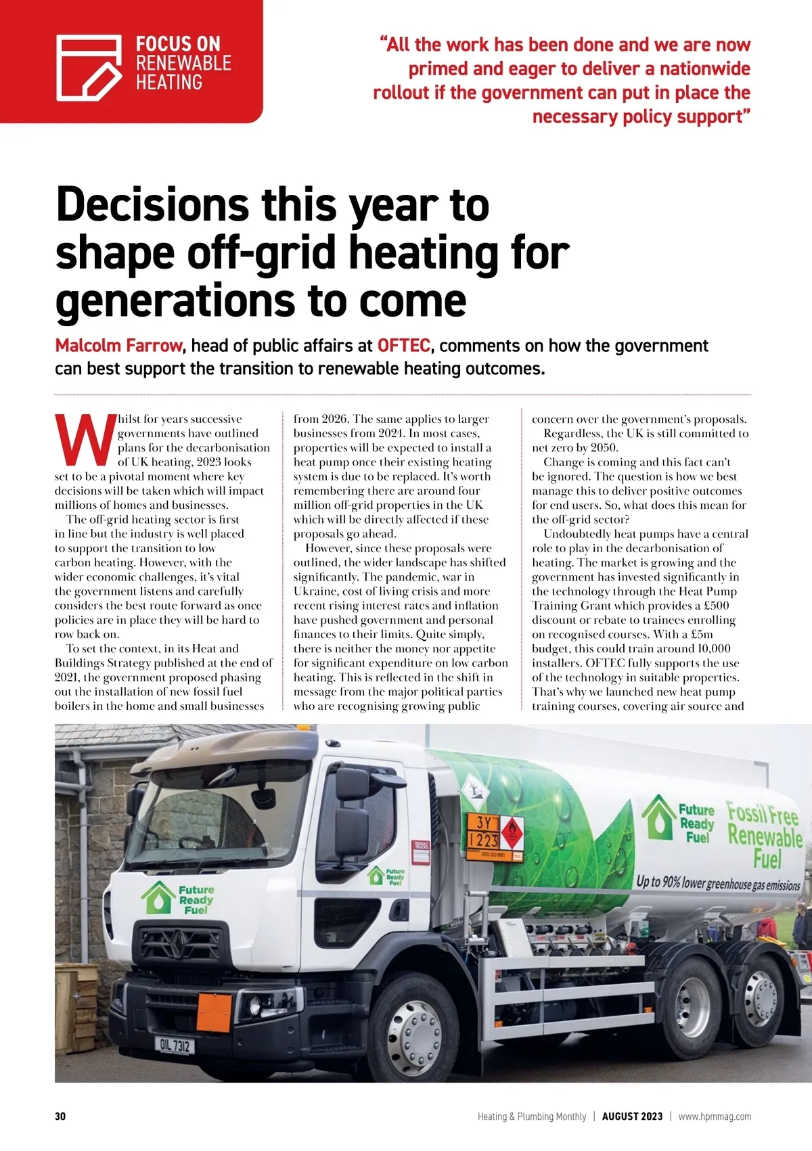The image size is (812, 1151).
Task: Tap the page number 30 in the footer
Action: (x=60, y=1116)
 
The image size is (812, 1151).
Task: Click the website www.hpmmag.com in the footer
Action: (x=715, y=1116)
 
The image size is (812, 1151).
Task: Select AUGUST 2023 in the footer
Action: (x=632, y=1116)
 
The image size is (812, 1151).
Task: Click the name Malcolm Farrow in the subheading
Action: (x=118, y=346)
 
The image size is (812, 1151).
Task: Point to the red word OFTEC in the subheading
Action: (x=404, y=346)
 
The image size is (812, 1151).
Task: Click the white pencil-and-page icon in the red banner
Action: (x=89, y=68)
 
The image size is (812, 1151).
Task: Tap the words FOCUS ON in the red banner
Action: (x=178, y=45)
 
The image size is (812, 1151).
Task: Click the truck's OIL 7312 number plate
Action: (x=175, y=1046)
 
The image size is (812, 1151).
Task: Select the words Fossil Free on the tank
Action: (x=762, y=813)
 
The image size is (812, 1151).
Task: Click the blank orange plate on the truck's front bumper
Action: (x=215, y=1012)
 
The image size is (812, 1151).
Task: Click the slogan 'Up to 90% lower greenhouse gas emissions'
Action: (x=718, y=883)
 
